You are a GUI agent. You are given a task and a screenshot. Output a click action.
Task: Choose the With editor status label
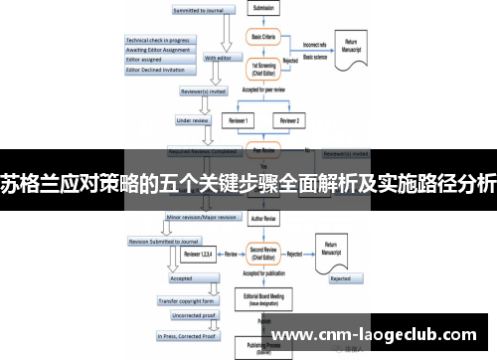220,58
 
